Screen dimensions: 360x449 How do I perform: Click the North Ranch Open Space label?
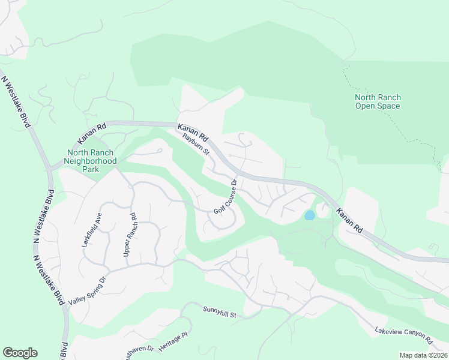[x=378, y=102]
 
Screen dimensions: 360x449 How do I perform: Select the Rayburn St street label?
[x=196, y=144]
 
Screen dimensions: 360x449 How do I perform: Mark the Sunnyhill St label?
[x=221, y=314]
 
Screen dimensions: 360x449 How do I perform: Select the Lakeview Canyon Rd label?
[x=403, y=335]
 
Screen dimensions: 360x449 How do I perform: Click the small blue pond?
[x=309, y=215]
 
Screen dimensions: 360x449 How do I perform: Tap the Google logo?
[x=20, y=353]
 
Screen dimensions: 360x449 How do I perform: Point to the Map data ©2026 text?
[x=423, y=355]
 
